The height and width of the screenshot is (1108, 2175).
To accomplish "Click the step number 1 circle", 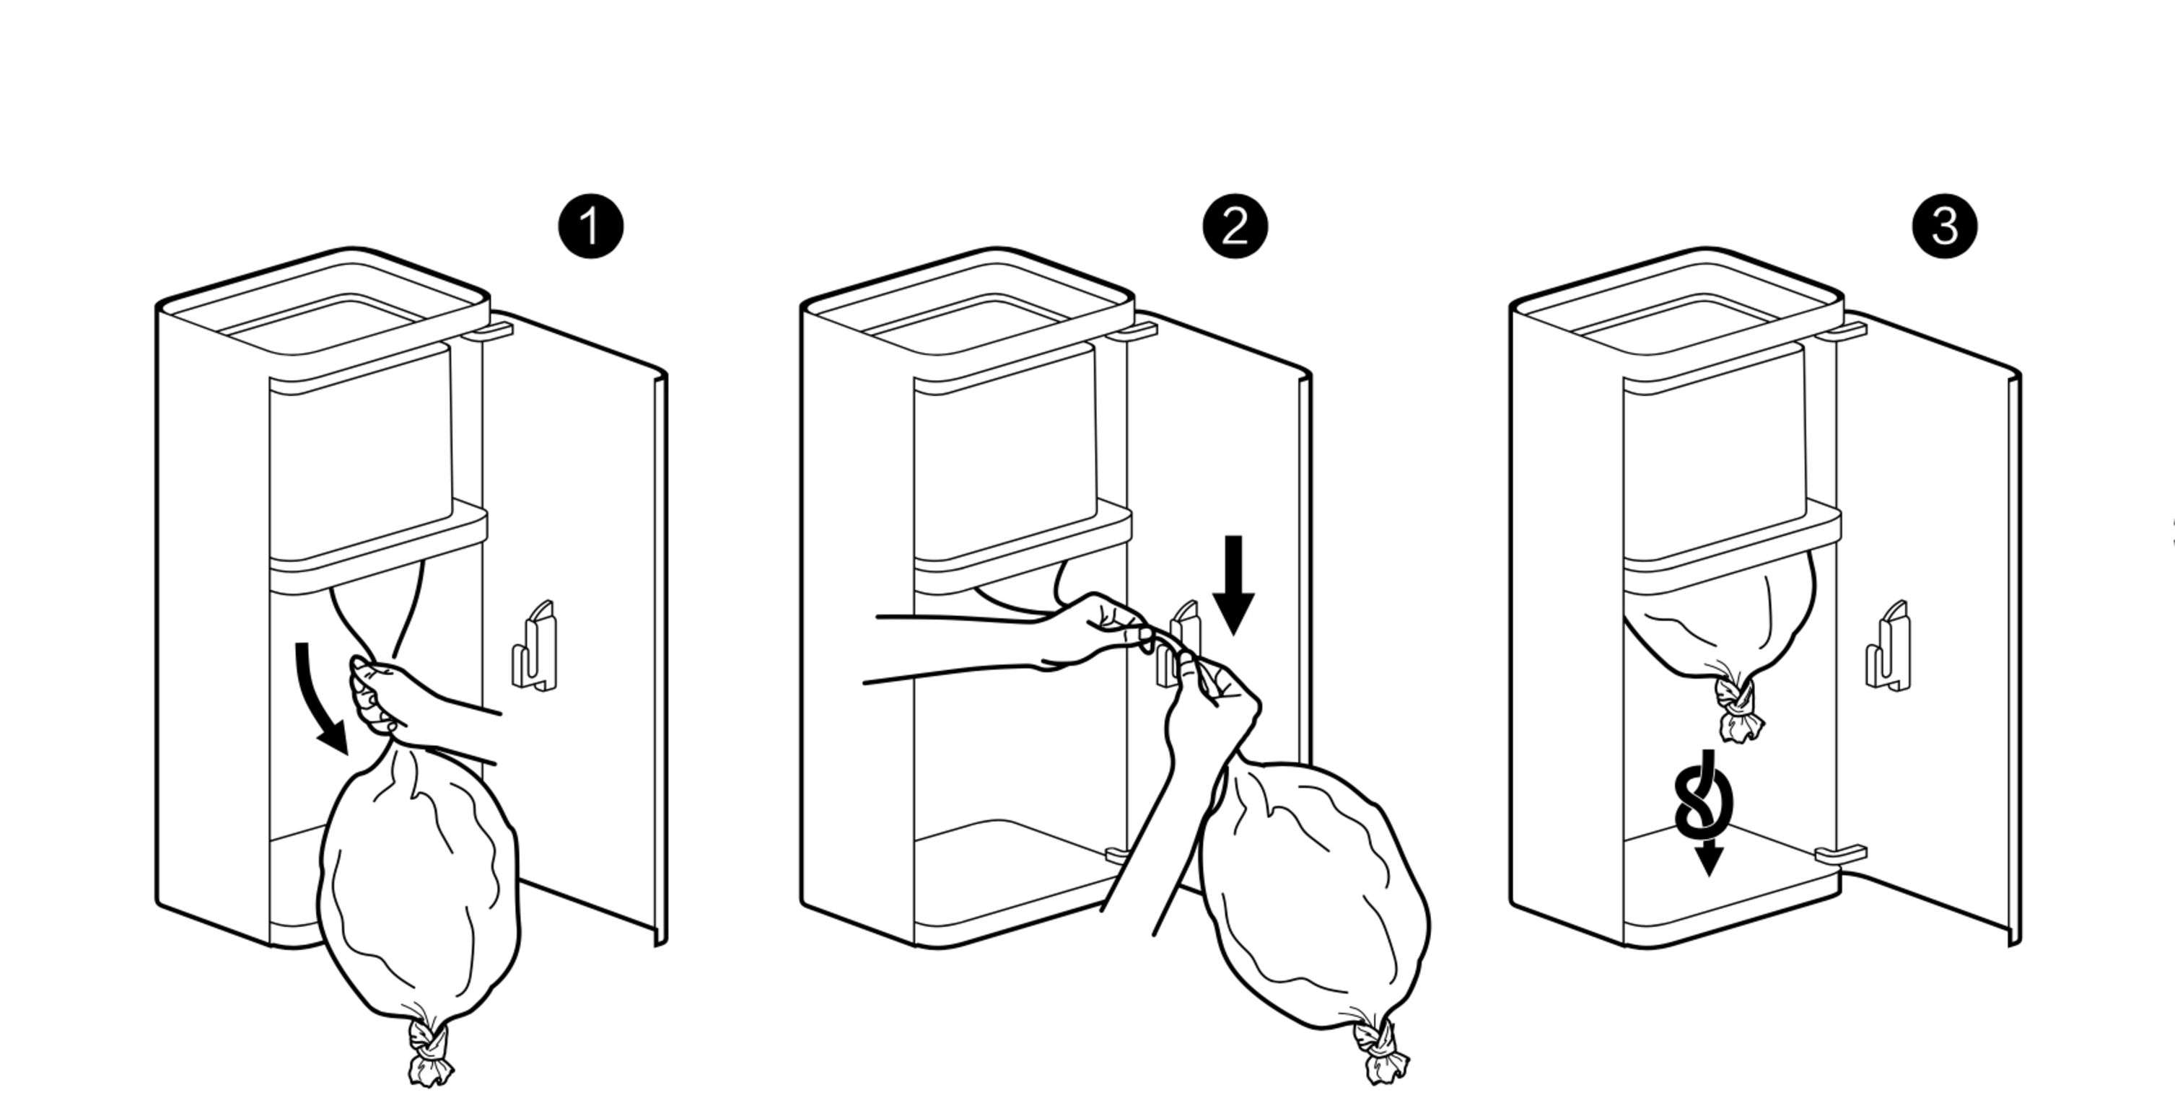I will tap(590, 227).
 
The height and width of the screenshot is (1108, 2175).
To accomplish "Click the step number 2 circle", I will tap(1235, 227).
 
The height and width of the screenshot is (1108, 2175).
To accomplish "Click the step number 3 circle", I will tap(1945, 227).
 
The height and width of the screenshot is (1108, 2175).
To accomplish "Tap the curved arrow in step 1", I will tap(317, 700).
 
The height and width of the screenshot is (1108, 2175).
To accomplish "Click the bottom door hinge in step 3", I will tap(1841, 854).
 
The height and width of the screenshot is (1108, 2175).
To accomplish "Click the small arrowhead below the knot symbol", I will tap(1709, 861).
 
